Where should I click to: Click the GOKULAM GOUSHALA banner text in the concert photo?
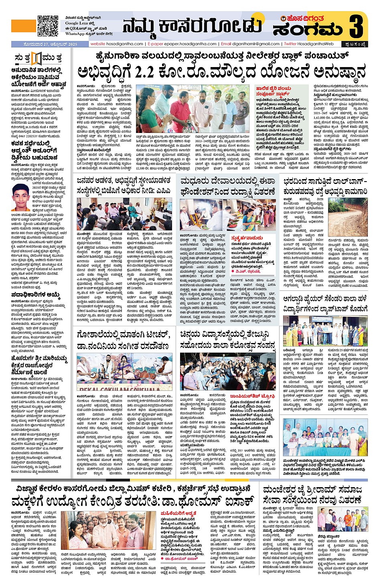(119, 389)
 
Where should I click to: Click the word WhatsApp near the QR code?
(74, 34)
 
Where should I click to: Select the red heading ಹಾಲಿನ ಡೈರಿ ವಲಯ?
(274, 88)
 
